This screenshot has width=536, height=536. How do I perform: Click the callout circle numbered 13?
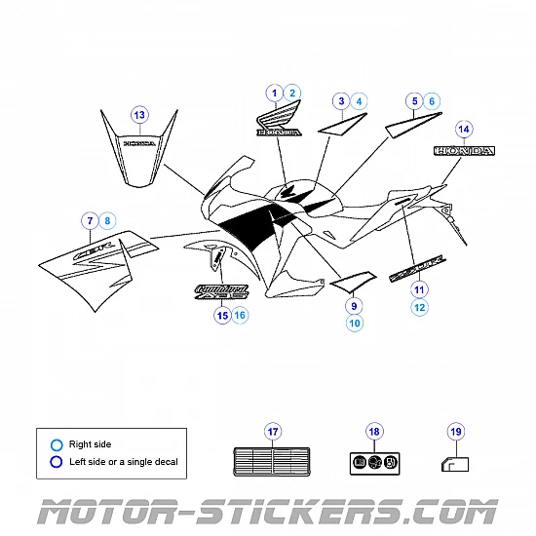tap(139, 115)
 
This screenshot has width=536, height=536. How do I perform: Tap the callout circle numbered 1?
tap(274, 94)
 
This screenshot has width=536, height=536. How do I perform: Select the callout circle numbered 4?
tap(361, 100)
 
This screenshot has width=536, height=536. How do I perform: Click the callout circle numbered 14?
tap(464, 130)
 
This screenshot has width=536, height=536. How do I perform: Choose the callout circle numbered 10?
tap(354, 323)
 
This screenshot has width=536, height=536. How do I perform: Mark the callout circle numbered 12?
tap(419, 308)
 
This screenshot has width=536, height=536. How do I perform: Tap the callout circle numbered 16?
tap(241, 315)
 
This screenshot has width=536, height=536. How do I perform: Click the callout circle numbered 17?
tap(273, 432)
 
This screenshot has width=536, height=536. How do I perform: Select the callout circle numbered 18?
tap(373, 432)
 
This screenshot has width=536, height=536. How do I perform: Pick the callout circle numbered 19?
tap(455, 432)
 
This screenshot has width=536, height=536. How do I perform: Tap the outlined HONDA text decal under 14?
tap(464, 152)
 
